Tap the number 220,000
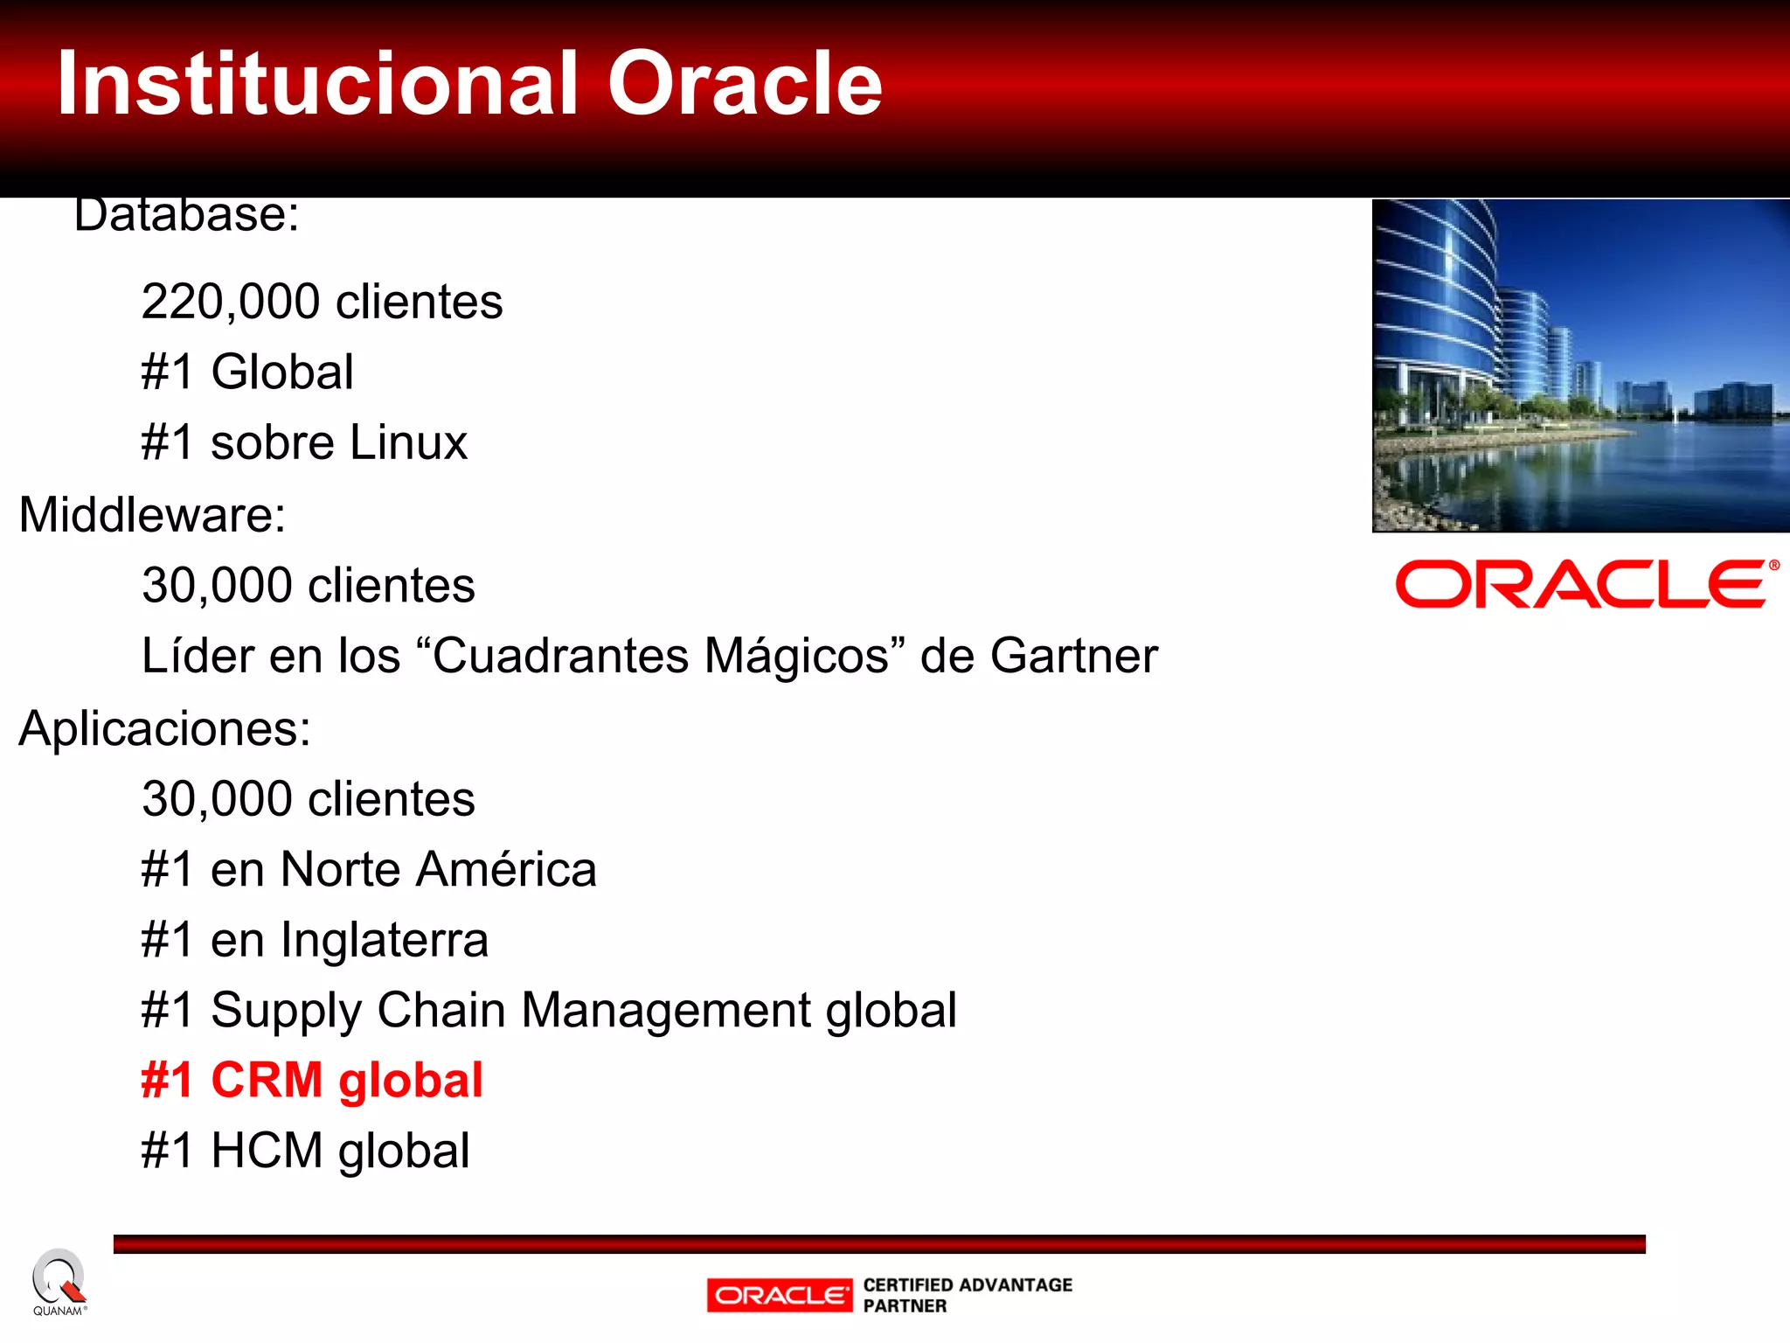(x=231, y=302)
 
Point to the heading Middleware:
(x=153, y=514)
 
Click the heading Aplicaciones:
(x=165, y=728)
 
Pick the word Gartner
(x=1073, y=656)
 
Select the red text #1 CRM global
(x=312, y=1080)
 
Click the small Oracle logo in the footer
(x=780, y=1295)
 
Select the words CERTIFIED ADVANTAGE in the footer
(x=967, y=1284)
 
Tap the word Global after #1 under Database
(x=282, y=372)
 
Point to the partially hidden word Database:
(x=186, y=216)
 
